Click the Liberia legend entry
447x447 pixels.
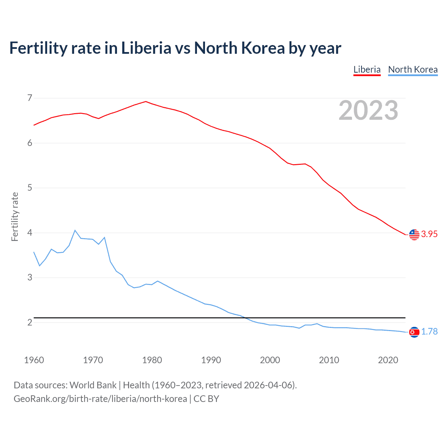click(367, 69)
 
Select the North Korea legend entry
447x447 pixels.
click(413, 69)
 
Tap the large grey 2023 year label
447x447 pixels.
click(368, 110)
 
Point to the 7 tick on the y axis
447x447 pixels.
click(30, 98)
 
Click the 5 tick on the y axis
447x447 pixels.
click(30, 188)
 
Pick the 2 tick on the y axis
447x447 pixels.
click(30, 322)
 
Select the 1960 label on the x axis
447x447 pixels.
click(34, 360)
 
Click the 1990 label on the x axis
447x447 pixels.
click(211, 360)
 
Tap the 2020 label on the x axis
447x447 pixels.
click(388, 360)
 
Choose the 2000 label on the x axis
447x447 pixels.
click(270, 360)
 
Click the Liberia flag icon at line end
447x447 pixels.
click(414, 234)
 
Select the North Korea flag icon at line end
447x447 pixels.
click(414, 332)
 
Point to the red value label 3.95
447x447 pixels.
click(429, 234)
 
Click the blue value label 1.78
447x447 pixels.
click(429, 332)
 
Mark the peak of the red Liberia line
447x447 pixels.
click(146, 102)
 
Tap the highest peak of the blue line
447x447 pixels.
click(75, 230)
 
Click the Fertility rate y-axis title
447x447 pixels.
click(15, 217)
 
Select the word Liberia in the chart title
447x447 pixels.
click(146, 48)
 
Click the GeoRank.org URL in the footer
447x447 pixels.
click(100, 399)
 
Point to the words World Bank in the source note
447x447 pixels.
click(93, 385)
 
